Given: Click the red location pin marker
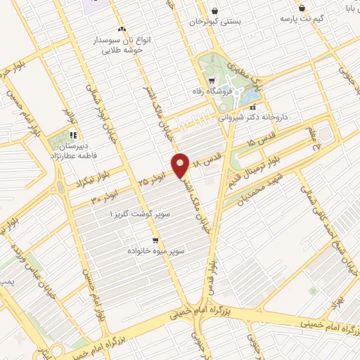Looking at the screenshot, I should [181, 165].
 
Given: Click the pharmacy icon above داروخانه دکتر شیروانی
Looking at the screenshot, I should [252, 108].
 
